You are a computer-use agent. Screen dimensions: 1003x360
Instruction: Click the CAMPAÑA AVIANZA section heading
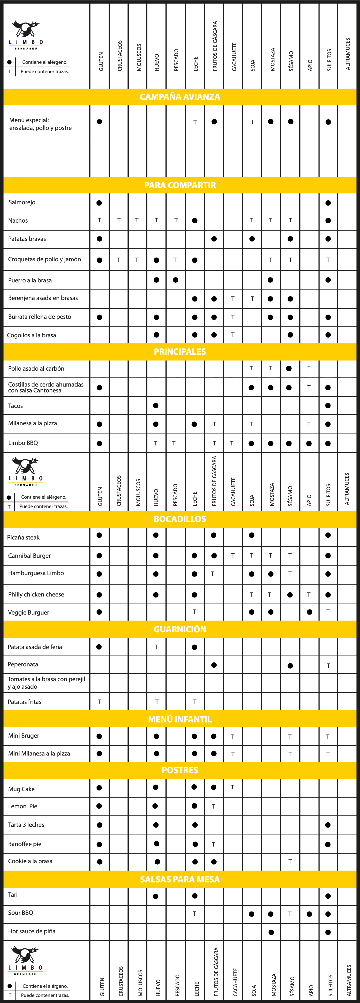(180, 97)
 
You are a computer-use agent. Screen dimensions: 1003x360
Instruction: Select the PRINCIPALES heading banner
(180, 352)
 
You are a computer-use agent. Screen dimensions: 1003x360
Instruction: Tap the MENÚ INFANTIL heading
(180, 719)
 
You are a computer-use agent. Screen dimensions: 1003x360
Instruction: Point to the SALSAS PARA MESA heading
(180, 879)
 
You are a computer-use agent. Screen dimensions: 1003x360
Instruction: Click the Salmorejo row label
(22, 202)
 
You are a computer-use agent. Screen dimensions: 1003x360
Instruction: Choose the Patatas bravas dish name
(27, 239)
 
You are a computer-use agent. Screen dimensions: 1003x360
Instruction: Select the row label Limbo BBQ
(23, 443)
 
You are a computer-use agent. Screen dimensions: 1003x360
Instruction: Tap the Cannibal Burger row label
(30, 556)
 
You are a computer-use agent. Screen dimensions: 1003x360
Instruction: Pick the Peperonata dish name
(23, 664)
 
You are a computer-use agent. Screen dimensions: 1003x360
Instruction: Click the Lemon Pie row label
(22, 806)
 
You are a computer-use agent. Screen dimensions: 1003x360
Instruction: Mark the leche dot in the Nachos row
(195, 221)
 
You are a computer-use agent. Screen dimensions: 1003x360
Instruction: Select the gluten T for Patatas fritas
(100, 702)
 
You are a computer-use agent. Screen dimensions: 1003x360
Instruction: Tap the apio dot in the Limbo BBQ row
(309, 444)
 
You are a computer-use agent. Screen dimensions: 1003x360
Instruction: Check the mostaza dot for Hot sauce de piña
(271, 932)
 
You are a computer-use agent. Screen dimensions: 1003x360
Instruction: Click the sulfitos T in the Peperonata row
(328, 665)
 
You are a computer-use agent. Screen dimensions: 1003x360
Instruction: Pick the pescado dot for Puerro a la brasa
(176, 280)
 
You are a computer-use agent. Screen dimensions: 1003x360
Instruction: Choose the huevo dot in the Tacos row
(156, 406)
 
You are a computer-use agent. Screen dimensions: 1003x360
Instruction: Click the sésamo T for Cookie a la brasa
(290, 862)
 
